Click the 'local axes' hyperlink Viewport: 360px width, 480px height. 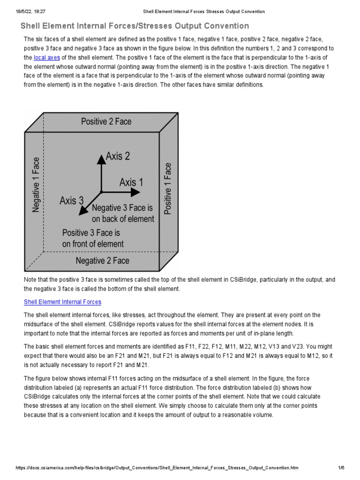pyautogui.click(x=46, y=58)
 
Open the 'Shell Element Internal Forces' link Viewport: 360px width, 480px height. pyautogui.click(x=62, y=302)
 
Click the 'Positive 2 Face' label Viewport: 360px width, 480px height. pyautogui.click(x=106, y=121)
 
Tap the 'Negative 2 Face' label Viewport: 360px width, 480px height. pyautogui.click(x=103, y=260)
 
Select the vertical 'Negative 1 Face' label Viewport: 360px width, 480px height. pyautogui.click(x=36, y=185)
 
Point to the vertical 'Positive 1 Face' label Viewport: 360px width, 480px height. pyautogui.click(x=168, y=188)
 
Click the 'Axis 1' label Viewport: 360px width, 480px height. pyautogui.click(x=131, y=182)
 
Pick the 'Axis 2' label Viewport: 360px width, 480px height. pyautogui.click(x=118, y=156)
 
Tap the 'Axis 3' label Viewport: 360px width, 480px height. pyautogui.click(x=71, y=201)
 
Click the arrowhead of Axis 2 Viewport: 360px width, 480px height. pyautogui.click(x=101, y=159)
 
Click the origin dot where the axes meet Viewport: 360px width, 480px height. pyautogui.click(x=101, y=192)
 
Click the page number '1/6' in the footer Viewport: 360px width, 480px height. pyautogui.click(x=341, y=468)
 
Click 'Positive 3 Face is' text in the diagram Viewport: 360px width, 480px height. pyautogui.click(x=91, y=232)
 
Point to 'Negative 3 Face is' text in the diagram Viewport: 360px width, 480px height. pyautogui.click(x=123, y=208)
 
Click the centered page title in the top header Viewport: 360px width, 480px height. pyautogui.click(x=203, y=11)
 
